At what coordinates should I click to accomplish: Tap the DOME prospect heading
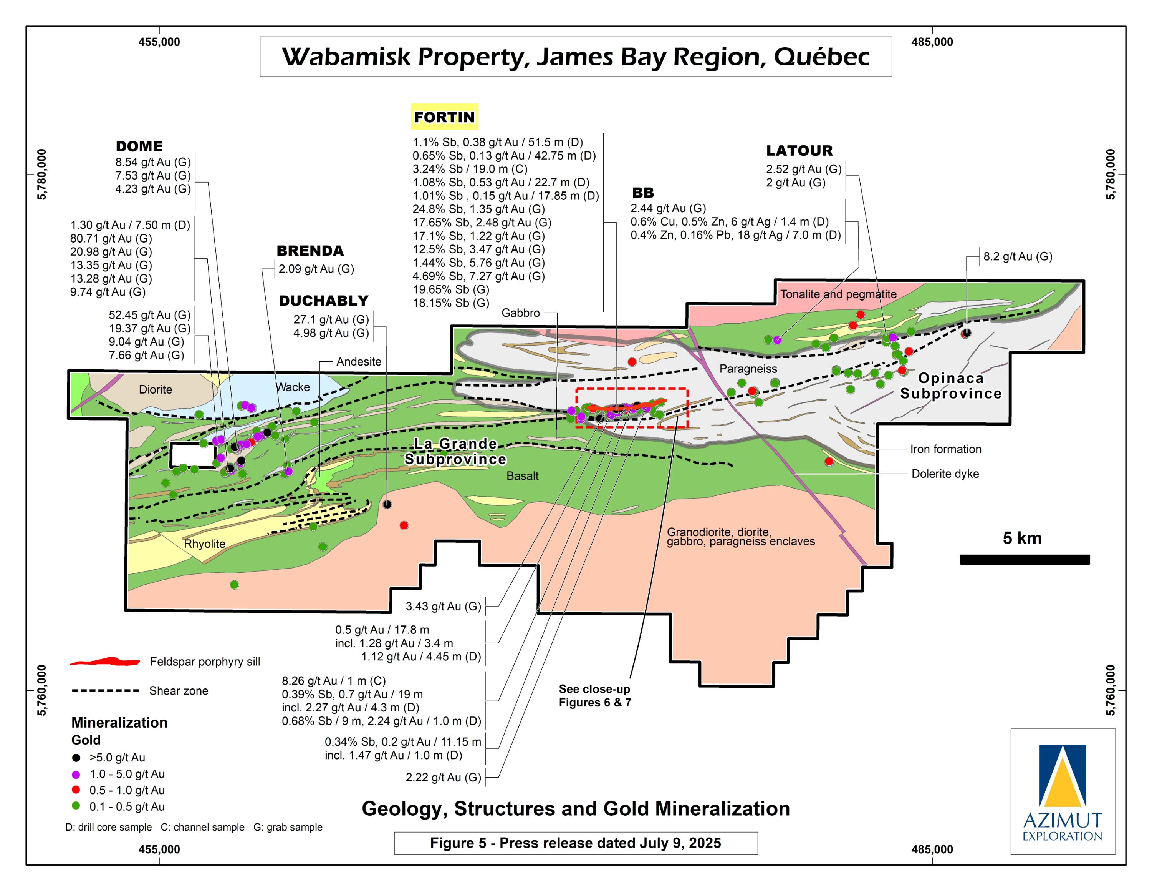tap(139, 146)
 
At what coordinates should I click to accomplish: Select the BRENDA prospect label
tap(310, 251)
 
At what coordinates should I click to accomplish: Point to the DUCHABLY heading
tap(323, 301)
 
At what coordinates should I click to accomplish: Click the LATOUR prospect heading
tap(799, 151)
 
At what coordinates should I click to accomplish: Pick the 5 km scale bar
tap(1025, 560)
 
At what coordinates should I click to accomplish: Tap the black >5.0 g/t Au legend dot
tap(76, 758)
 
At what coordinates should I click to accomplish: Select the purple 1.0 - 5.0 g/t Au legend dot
tap(76, 775)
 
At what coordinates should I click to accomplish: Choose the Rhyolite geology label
tap(204, 544)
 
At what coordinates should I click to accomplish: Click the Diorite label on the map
tap(155, 389)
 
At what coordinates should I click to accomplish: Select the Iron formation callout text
tap(945, 449)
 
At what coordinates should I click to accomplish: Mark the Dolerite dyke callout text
tap(945, 474)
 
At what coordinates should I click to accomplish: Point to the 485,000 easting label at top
tap(932, 42)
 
